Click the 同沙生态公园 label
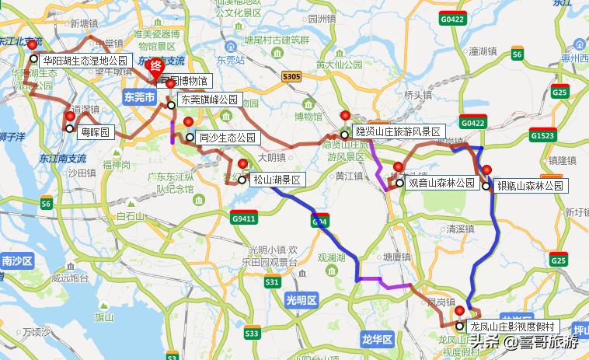[x=227, y=138]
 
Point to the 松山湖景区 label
[x=277, y=180]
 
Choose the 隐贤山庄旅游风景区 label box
[x=397, y=132]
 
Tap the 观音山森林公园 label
[x=441, y=183]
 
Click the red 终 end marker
[x=155, y=65]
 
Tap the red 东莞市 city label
[x=139, y=97]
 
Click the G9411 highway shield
[x=243, y=218]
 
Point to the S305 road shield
[x=291, y=76]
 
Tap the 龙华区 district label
[x=378, y=339]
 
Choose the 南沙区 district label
[x=16, y=260]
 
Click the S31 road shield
[x=271, y=282]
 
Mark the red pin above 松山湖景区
[x=243, y=165]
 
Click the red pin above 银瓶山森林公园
[x=487, y=171]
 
